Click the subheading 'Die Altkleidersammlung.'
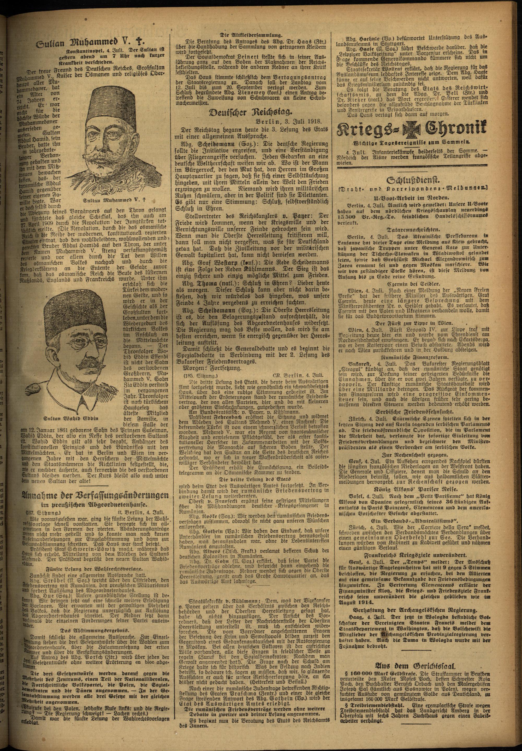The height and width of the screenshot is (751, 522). click(x=251, y=35)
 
